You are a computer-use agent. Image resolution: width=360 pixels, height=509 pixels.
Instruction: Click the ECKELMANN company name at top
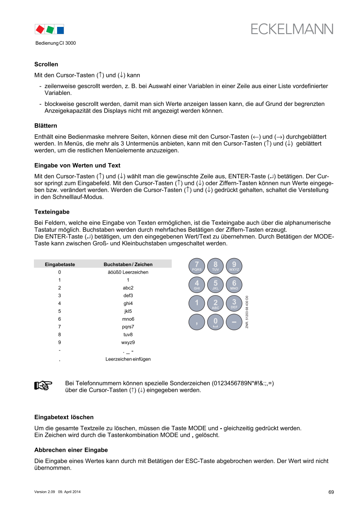tap(292, 29)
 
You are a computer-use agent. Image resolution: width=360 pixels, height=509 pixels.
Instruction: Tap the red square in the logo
tap(40, 29)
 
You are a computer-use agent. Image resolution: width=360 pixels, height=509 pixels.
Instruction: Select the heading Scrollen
tap(46, 65)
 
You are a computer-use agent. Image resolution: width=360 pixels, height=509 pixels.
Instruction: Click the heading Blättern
tap(46, 125)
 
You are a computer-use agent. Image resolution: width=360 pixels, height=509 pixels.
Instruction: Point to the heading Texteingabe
tap(52, 212)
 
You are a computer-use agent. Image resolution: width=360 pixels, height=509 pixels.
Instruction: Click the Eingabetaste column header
tap(60, 264)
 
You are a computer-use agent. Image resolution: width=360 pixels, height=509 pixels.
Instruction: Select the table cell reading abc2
tap(128, 288)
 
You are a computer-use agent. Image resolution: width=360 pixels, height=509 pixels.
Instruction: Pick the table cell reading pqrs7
tap(128, 327)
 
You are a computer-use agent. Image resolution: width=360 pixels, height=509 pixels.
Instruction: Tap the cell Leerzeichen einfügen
tap(128, 359)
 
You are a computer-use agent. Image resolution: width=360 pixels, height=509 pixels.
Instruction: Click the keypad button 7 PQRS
tap(197, 266)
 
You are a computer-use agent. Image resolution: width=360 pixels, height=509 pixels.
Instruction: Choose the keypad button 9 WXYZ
tap(234, 266)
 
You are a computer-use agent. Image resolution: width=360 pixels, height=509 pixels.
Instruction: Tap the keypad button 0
tap(215, 322)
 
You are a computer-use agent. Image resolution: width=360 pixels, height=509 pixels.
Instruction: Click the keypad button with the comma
tap(197, 322)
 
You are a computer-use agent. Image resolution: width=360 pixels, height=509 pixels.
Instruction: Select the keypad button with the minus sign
tap(234, 322)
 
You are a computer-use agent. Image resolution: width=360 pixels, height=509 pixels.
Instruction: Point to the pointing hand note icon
tap(43, 386)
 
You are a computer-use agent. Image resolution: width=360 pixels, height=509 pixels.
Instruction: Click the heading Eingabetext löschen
tap(64, 417)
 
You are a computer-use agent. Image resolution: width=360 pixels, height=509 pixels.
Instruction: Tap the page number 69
tap(331, 492)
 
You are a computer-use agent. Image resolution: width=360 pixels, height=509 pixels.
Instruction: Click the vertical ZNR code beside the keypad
tap(247, 312)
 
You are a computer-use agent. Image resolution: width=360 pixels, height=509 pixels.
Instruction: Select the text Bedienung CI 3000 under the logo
tap(55, 43)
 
